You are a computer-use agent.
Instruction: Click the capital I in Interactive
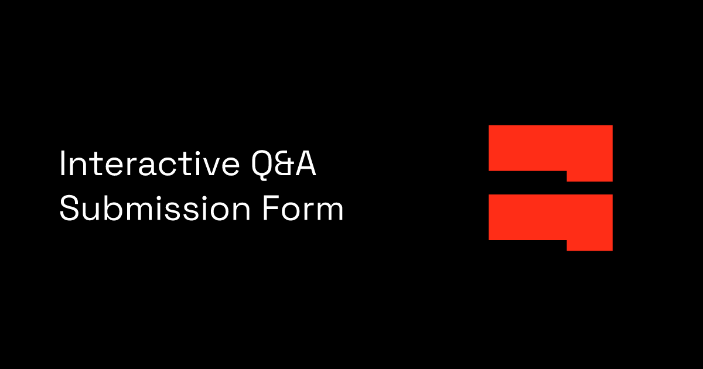[x=62, y=165]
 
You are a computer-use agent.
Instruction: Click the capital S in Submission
[x=69, y=209]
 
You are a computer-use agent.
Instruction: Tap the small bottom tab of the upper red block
[x=589, y=176]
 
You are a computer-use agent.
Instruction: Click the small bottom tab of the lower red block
[x=589, y=245]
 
